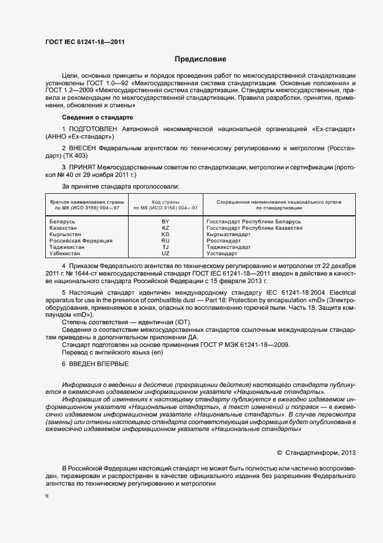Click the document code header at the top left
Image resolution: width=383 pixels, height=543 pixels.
pyautogui.click(x=85, y=42)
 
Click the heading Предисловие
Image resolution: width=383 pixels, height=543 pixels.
pyautogui.click(x=201, y=59)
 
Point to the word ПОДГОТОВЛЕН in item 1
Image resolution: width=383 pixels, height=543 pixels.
pyautogui.click(x=92, y=128)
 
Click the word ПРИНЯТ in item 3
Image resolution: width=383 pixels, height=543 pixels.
pyautogui.click(x=83, y=168)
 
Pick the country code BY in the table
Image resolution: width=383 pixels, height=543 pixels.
pyautogui.click(x=165, y=222)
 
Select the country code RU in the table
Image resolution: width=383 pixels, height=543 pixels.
pyautogui.click(x=165, y=240)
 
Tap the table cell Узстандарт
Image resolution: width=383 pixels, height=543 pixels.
pyautogui.click(x=222, y=254)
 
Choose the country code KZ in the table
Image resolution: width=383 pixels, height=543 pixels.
pyautogui.click(x=165, y=228)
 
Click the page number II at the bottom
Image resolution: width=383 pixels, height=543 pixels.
pyautogui.click(x=47, y=496)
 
